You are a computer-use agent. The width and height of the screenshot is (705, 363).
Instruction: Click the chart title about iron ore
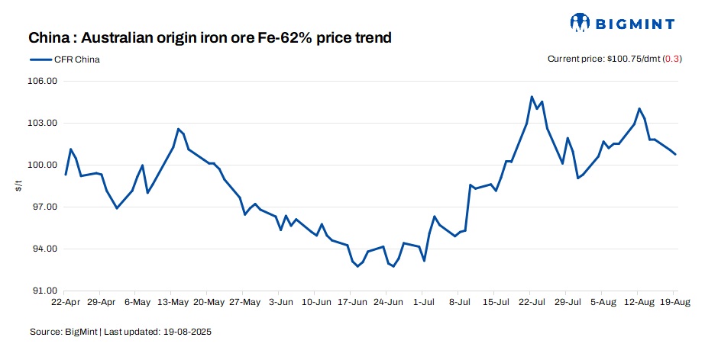click(x=210, y=38)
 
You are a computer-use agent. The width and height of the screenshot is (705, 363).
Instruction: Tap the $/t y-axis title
click(x=19, y=186)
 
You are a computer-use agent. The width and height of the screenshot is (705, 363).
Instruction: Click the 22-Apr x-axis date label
click(x=66, y=302)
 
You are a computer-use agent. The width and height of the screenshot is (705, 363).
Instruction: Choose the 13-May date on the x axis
click(x=173, y=302)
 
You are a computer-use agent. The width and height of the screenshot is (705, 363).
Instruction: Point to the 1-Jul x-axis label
click(x=424, y=302)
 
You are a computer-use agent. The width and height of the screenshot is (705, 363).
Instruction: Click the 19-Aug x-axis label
click(x=673, y=302)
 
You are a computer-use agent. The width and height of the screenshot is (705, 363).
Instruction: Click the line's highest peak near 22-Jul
click(x=532, y=97)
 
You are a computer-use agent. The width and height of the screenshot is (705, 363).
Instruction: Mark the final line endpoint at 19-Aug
click(x=675, y=154)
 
